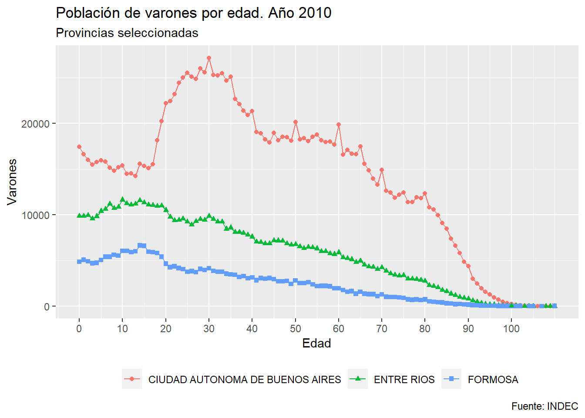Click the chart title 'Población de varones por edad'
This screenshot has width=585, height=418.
[193, 13]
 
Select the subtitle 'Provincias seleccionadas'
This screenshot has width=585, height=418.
[127, 33]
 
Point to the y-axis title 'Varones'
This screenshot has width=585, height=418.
[12, 181]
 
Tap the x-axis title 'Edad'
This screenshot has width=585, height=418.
[316, 344]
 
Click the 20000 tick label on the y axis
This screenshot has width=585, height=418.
[36, 124]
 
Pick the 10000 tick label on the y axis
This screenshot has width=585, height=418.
[36, 215]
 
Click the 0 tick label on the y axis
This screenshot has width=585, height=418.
[47, 307]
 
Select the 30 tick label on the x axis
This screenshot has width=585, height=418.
[209, 329]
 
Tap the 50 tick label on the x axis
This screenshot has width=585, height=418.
[295, 329]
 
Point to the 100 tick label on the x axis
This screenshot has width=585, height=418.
[511, 329]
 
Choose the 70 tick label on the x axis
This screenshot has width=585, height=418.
[382, 329]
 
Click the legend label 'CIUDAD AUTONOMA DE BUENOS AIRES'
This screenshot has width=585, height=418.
[245, 380]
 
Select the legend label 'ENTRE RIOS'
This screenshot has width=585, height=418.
[404, 380]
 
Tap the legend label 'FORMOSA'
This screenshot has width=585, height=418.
[493, 380]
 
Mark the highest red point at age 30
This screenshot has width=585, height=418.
[209, 58]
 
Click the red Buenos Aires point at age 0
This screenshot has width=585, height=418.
[79, 147]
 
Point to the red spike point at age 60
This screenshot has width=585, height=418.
[339, 125]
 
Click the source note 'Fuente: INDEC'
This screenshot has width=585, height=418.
[545, 406]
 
